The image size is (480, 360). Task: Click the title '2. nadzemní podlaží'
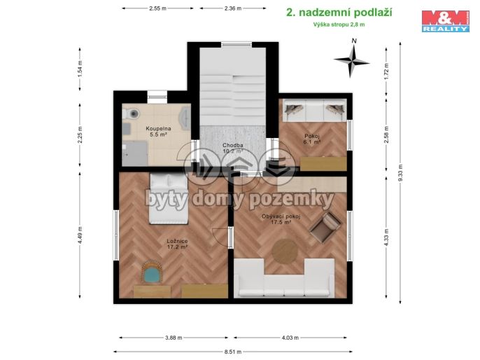pos(339,12)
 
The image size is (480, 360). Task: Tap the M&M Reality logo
pos(445,20)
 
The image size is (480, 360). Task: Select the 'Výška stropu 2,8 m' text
pos(339,25)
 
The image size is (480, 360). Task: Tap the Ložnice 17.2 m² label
pos(176,244)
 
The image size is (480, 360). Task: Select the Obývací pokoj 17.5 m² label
pos(281,219)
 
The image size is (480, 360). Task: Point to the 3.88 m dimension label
pos(174,338)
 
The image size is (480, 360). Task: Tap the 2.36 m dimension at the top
pos(232,8)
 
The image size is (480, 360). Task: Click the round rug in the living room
pos(284,251)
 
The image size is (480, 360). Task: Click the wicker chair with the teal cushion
pos(151,272)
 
